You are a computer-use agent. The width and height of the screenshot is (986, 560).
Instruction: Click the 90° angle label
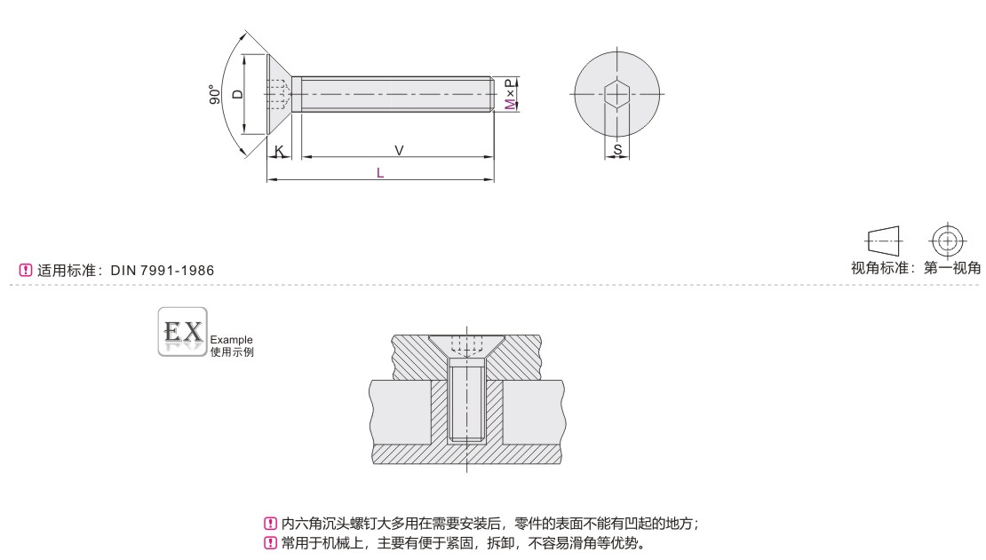click(x=214, y=96)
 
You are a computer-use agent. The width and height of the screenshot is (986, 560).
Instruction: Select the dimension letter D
click(x=236, y=94)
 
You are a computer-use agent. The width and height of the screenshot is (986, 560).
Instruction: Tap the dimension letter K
click(x=279, y=152)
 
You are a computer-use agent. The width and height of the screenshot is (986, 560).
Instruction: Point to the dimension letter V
click(x=399, y=151)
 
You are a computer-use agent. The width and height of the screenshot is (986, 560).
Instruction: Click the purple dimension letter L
click(x=380, y=174)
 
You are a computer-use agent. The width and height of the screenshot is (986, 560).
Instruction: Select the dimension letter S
click(x=617, y=151)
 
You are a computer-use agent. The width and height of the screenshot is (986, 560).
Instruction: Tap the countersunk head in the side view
click(x=279, y=94)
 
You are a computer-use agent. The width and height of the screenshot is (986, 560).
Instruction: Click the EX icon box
click(x=181, y=332)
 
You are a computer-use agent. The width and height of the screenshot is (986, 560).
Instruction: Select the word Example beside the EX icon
click(x=231, y=339)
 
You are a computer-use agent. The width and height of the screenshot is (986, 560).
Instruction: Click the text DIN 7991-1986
click(x=163, y=270)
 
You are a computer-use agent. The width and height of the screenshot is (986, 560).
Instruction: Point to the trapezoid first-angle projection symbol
click(x=884, y=241)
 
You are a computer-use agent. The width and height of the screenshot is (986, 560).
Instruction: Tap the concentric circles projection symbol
click(x=948, y=241)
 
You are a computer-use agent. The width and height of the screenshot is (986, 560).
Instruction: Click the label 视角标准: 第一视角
click(x=916, y=269)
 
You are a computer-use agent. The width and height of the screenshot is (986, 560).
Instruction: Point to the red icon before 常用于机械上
click(x=272, y=542)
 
